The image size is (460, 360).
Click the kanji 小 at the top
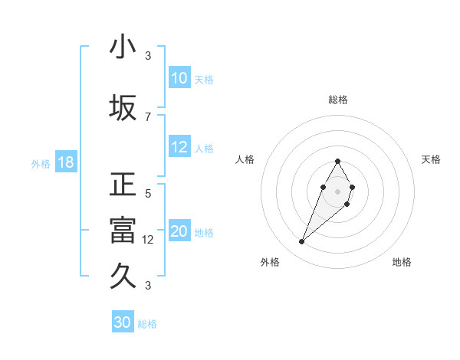tap(123, 47)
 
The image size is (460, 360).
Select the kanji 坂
tap(123, 108)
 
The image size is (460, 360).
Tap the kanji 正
tap(123, 185)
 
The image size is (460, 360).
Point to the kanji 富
tap(123, 231)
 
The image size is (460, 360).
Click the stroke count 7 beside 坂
tap(148, 116)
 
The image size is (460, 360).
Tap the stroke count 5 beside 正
tap(148, 194)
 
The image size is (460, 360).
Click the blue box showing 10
tap(179, 78)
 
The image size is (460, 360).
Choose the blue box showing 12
tap(179, 147)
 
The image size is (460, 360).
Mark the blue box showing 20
tap(179, 231)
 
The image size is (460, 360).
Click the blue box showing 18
tap(65, 162)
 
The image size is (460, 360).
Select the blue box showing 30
tap(123, 322)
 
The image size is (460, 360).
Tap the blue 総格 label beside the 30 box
tap(148, 324)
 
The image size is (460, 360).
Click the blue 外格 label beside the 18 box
tap(41, 163)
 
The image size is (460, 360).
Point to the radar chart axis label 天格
tap(432, 159)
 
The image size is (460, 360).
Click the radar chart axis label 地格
tap(402, 262)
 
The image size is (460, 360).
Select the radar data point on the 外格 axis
tap(302, 242)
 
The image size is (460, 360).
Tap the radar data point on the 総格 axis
tap(337, 161)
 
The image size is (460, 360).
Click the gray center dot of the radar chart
tap(337, 190)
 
